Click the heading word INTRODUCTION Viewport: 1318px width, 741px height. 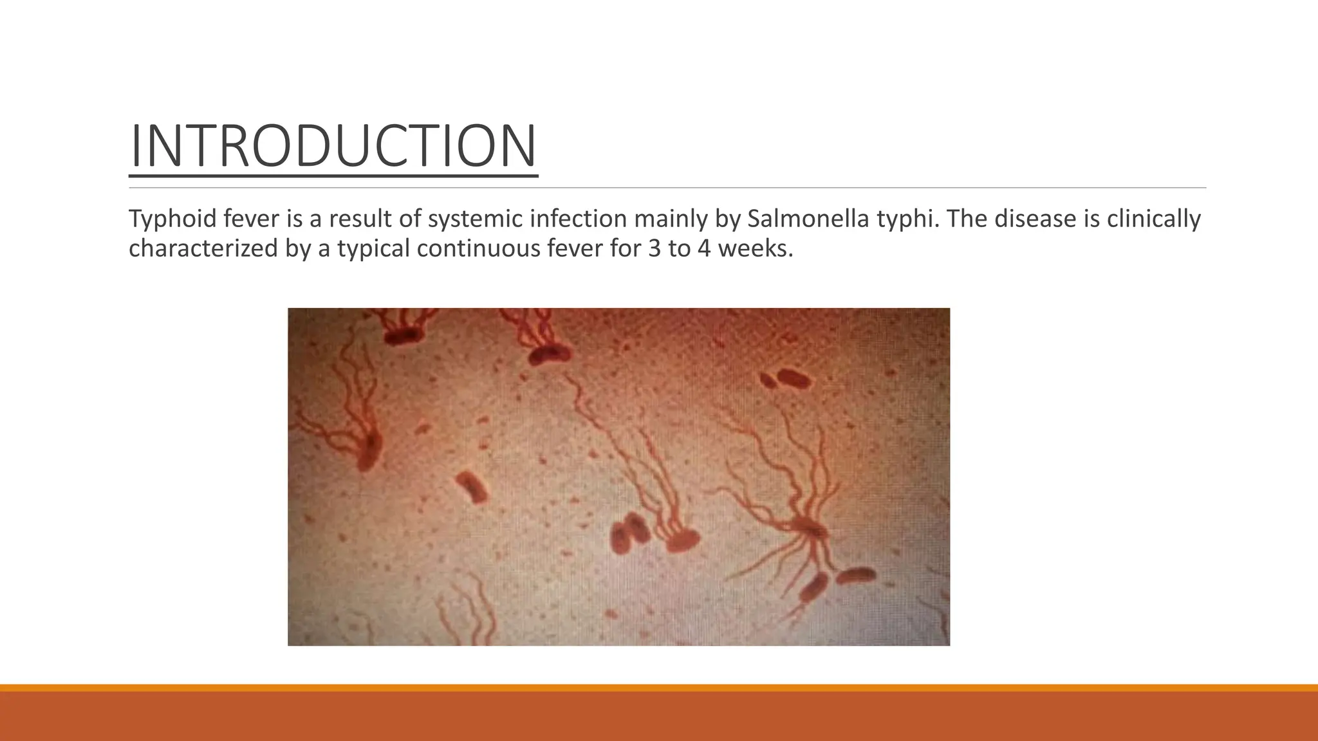point(333,147)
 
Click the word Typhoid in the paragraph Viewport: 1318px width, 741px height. point(172,219)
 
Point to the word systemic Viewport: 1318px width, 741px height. point(476,219)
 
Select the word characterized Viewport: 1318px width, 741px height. point(203,248)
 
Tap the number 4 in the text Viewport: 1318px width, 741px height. point(703,248)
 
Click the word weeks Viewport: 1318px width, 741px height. point(754,248)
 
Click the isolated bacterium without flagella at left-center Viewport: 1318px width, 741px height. point(472,486)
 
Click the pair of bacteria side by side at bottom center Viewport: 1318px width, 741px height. point(629,533)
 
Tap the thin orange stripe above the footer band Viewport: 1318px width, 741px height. point(659,688)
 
